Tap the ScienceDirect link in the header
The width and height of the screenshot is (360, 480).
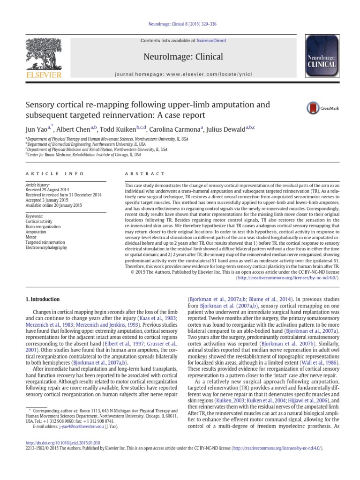pos(211,41)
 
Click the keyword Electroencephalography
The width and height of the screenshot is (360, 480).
pos(47,247)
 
